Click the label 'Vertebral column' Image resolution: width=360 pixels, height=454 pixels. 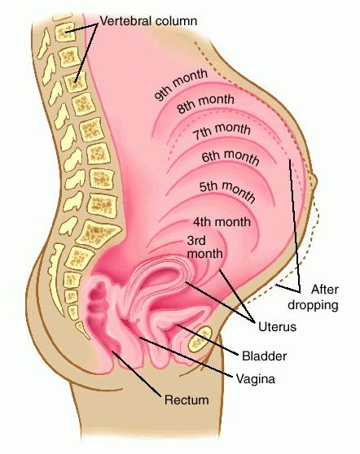(148, 21)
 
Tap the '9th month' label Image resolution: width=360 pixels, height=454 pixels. (181, 85)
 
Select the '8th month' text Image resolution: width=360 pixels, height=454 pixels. (205, 103)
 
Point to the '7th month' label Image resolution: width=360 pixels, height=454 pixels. (222, 131)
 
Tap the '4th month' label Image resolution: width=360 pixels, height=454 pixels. (222, 222)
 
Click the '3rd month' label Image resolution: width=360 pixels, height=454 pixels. (204, 247)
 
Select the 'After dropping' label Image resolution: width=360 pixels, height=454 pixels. (314, 297)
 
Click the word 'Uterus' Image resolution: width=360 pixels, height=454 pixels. (277, 327)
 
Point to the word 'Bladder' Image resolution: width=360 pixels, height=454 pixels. (264, 356)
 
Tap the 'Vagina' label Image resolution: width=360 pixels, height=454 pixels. (256, 378)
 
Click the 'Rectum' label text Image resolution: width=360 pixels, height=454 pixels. (187, 399)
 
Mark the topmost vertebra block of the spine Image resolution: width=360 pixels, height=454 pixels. (65, 32)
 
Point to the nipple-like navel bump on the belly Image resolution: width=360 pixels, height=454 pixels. (314, 181)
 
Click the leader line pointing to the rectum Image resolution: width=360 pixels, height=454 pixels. (136, 373)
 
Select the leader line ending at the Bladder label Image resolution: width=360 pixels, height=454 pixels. (208, 339)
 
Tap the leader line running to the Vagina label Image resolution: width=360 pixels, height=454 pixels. (186, 356)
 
